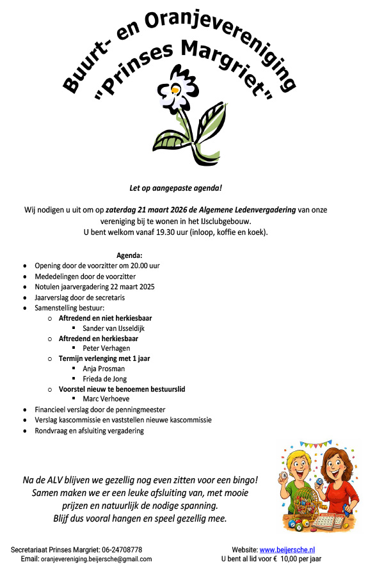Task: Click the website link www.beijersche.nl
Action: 287,550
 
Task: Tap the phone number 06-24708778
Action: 122,550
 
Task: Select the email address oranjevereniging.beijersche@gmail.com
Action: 96,559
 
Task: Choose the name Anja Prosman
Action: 103,369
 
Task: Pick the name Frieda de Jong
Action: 104,379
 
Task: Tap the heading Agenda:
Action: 129,255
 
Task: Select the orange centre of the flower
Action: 175,90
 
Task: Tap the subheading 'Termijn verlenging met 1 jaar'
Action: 104,358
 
